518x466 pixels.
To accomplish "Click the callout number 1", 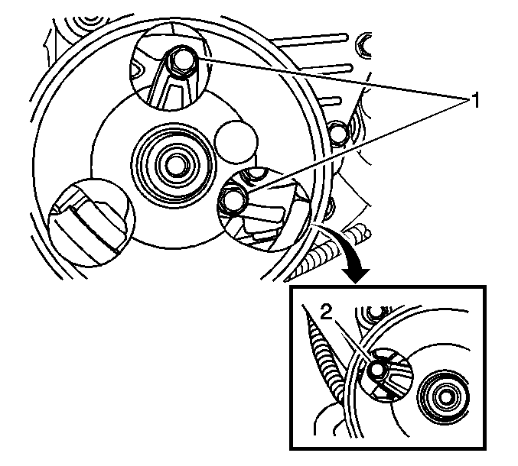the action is coord(474,101).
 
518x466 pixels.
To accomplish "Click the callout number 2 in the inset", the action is coord(326,312).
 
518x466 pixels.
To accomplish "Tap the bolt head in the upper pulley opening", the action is coord(181,61).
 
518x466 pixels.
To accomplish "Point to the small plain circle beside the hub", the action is coord(236,142).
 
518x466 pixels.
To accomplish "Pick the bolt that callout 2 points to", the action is coord(377,369).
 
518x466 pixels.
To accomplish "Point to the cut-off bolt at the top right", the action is coord(363,46).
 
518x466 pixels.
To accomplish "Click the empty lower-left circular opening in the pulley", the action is coord(92,222).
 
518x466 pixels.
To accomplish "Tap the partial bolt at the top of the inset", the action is coord(373,312).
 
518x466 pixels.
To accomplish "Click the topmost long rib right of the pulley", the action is coord(309,38).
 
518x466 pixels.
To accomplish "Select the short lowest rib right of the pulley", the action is coord(331,101).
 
